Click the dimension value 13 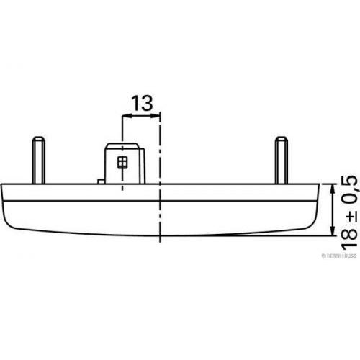[x=142, y=103]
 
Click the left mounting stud [x=39, y=160]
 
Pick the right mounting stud [x=282, y=160]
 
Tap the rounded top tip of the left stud [x=39, y=138]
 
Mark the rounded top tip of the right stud [x=282, y=138]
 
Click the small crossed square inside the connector [x=122, y=163]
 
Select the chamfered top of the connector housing [x=122, y=145]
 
